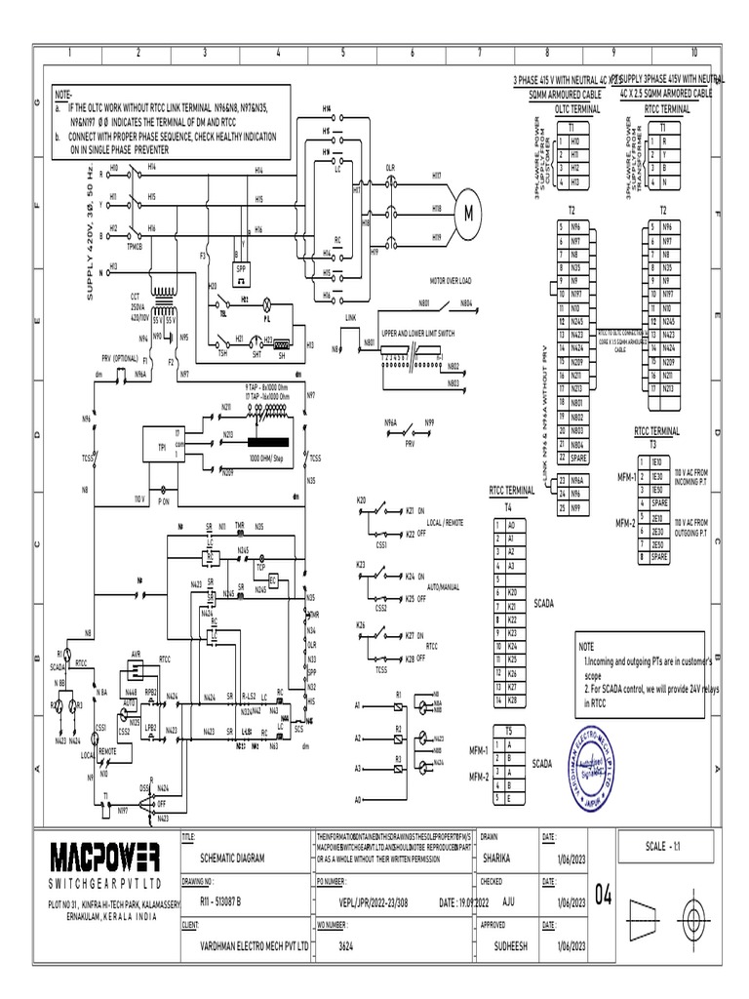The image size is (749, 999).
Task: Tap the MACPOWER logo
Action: (x=104, y=859)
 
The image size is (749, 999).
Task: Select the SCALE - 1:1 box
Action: (x=667, y=845)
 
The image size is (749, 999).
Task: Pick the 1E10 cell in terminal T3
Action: (x=657, y=460)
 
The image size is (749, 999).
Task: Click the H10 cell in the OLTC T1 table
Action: (x=574, y=141)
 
